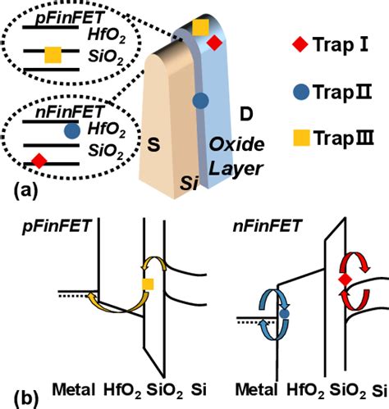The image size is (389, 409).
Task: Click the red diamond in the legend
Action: [298, 43]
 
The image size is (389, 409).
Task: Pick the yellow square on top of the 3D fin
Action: [199, 28]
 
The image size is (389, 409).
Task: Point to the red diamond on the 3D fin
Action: [213, 43]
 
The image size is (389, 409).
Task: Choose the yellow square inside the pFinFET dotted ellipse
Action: [53, 55]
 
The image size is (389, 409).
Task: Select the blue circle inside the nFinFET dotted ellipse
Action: [72, 130]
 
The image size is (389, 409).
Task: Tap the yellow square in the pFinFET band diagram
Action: [148, 284]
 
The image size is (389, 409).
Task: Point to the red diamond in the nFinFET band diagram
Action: [346, 281]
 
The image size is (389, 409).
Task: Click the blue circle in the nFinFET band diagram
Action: [283, 312]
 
